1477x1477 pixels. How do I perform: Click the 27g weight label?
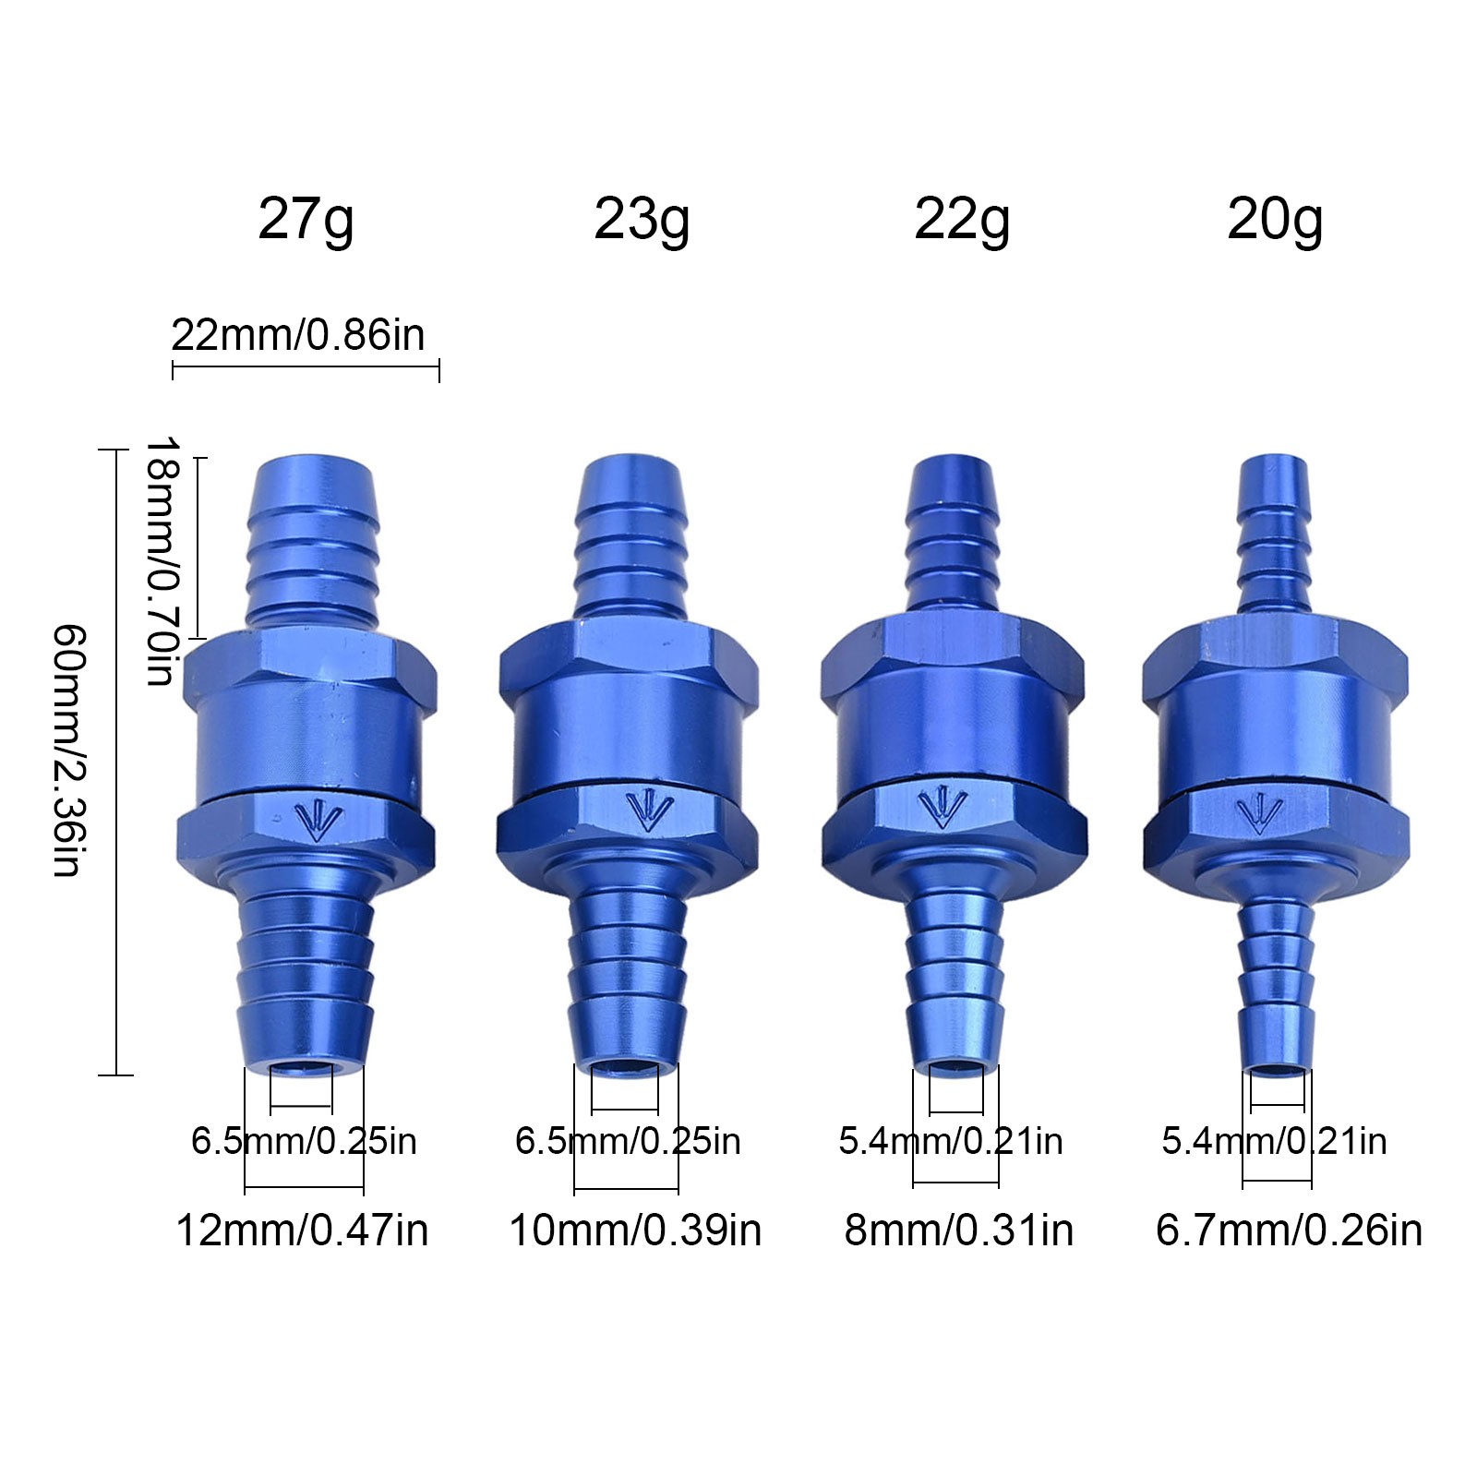(x=306, y=222)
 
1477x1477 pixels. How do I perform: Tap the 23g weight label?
(x=642, y=222)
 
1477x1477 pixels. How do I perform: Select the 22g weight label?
(x=962, y=222)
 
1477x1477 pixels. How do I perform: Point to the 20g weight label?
(x=1275, y=222)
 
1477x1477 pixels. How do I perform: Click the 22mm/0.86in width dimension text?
(x=298, y=334)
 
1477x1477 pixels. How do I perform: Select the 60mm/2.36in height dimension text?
(x=69, y=750)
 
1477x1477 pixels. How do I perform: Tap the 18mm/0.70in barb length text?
(x=161, y=560)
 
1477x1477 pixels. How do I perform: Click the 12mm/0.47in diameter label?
(x=302, y=1231)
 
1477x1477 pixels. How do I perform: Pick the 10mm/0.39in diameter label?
(x=635, y=1231)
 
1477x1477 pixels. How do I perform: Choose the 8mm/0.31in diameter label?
(x=959, y=1231)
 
